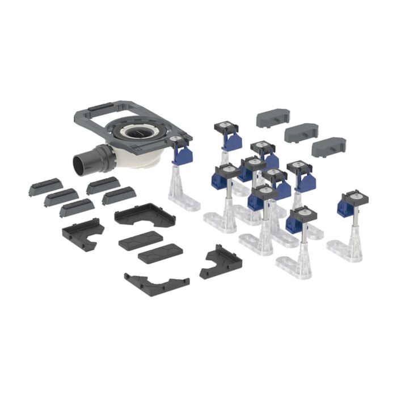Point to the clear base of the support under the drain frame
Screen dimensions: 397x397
click(x=183, y=196)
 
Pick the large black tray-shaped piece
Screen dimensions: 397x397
click(x=145, y=214)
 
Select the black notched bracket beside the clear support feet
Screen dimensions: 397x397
click(x=221, y=262)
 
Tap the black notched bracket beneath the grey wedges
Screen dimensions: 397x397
click(x=82, y=233)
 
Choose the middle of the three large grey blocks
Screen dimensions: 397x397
click(x=301, y=132)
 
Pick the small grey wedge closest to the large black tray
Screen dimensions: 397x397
click(x=119, y=196)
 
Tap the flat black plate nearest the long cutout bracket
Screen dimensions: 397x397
click(x=160, y=253)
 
